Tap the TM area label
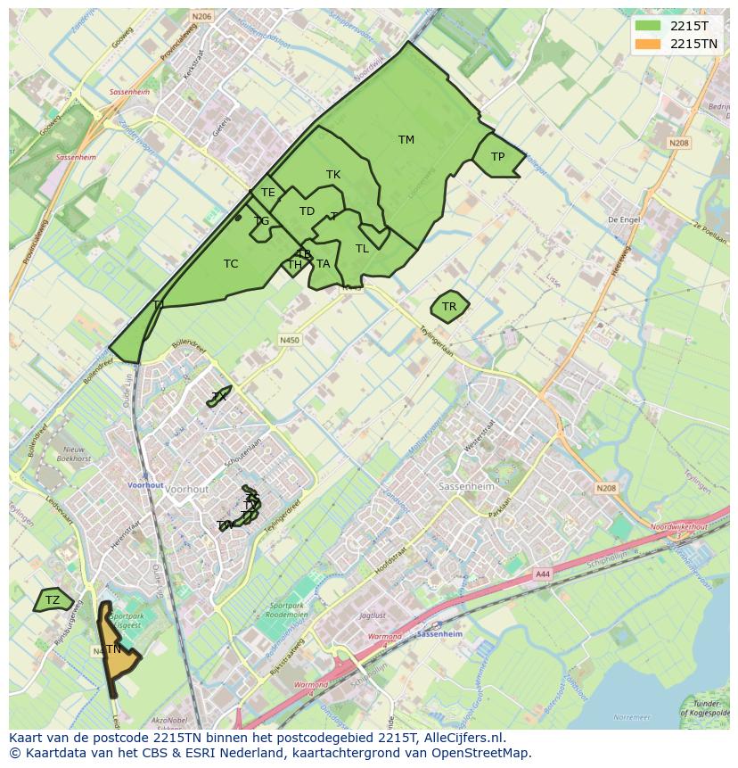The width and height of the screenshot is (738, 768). pos(406,140)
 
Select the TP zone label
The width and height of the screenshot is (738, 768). pos(497,157)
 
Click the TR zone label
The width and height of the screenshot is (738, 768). pos(449,307)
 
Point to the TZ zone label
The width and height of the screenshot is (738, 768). pos(53,600)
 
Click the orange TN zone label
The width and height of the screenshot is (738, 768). pos(113,649)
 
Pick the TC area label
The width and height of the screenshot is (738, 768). pos(231,264)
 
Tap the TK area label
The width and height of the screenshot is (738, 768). pos(333,175)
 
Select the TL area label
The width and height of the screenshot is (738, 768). pos(362,249)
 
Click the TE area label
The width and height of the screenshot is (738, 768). pos(267,193)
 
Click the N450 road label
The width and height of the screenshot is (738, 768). pos(290,340)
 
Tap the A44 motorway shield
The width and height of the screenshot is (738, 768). pos(542,575)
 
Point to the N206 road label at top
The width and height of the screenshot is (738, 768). pos(201,16)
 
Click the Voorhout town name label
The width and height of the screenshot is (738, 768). pos(187,490)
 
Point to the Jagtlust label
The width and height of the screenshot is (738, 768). pos(372,615)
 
